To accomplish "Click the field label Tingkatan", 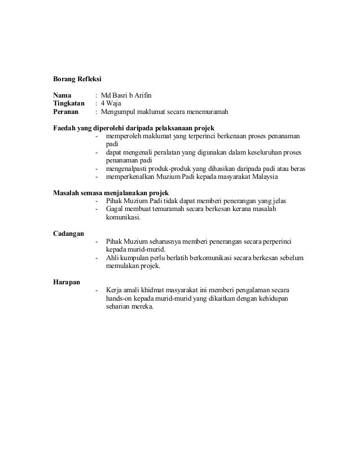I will pyautogui.click(x=69, y=103).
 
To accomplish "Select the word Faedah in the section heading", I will pyautogui.click(x=64, y=128).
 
